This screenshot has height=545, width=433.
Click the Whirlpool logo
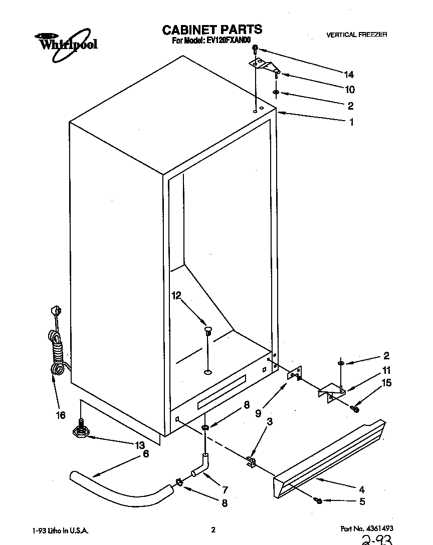65,42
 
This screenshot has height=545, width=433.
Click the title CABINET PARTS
212,30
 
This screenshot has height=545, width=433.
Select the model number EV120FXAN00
229,41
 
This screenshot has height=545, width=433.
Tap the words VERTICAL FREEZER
356,35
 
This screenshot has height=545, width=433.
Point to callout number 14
349,75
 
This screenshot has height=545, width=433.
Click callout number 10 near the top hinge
349,90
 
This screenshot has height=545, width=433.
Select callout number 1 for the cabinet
351,122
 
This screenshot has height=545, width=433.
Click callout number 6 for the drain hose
146,454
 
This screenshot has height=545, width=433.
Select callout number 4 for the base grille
361,489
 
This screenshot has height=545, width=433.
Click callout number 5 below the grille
362,502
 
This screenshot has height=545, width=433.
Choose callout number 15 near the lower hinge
386,383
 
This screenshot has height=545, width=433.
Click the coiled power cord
57,350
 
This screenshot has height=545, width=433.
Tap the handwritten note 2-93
375,539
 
